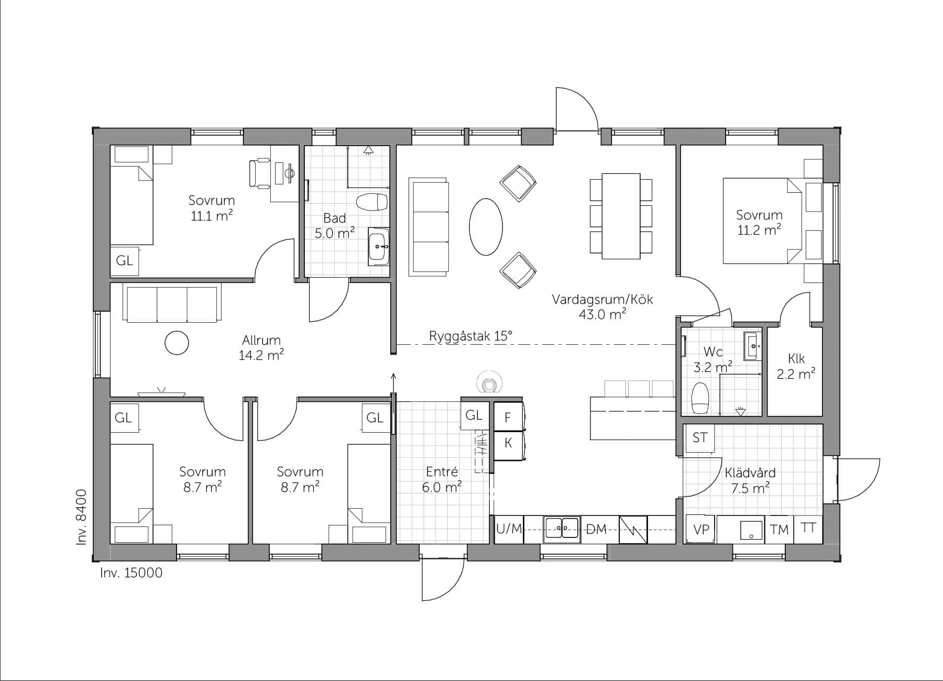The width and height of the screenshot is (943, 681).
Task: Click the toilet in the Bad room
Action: (x=371, y=202)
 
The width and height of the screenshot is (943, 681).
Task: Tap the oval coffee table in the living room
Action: (x=486, y=226)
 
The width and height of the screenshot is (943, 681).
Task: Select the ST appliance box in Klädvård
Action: (x=700, y=438)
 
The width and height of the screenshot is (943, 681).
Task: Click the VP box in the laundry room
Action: (x=701, y=530)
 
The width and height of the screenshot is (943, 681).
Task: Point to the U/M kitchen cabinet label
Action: (x=509, y=529)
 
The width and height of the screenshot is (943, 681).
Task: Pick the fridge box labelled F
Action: (x=508, y=418)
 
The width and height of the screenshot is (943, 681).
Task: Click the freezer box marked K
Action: (x=508, y=443)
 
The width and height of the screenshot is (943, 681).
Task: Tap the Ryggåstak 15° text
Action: (x=470, y=336)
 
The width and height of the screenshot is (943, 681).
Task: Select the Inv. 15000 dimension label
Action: (x=131, y=573)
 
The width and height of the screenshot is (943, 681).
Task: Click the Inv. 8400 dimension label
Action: (x=81, y=518)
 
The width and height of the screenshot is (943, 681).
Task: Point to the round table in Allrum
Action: (x=176, y=343)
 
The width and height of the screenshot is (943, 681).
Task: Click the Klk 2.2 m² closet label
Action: (x=796, y=366)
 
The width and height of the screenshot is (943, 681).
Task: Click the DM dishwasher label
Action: (x=596, y=529)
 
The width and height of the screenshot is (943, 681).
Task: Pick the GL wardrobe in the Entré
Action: (x=474, y=415)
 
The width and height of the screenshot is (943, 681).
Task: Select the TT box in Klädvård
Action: (x=808, y=528)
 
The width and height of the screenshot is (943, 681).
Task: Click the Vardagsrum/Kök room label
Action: (x=602, y=300)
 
